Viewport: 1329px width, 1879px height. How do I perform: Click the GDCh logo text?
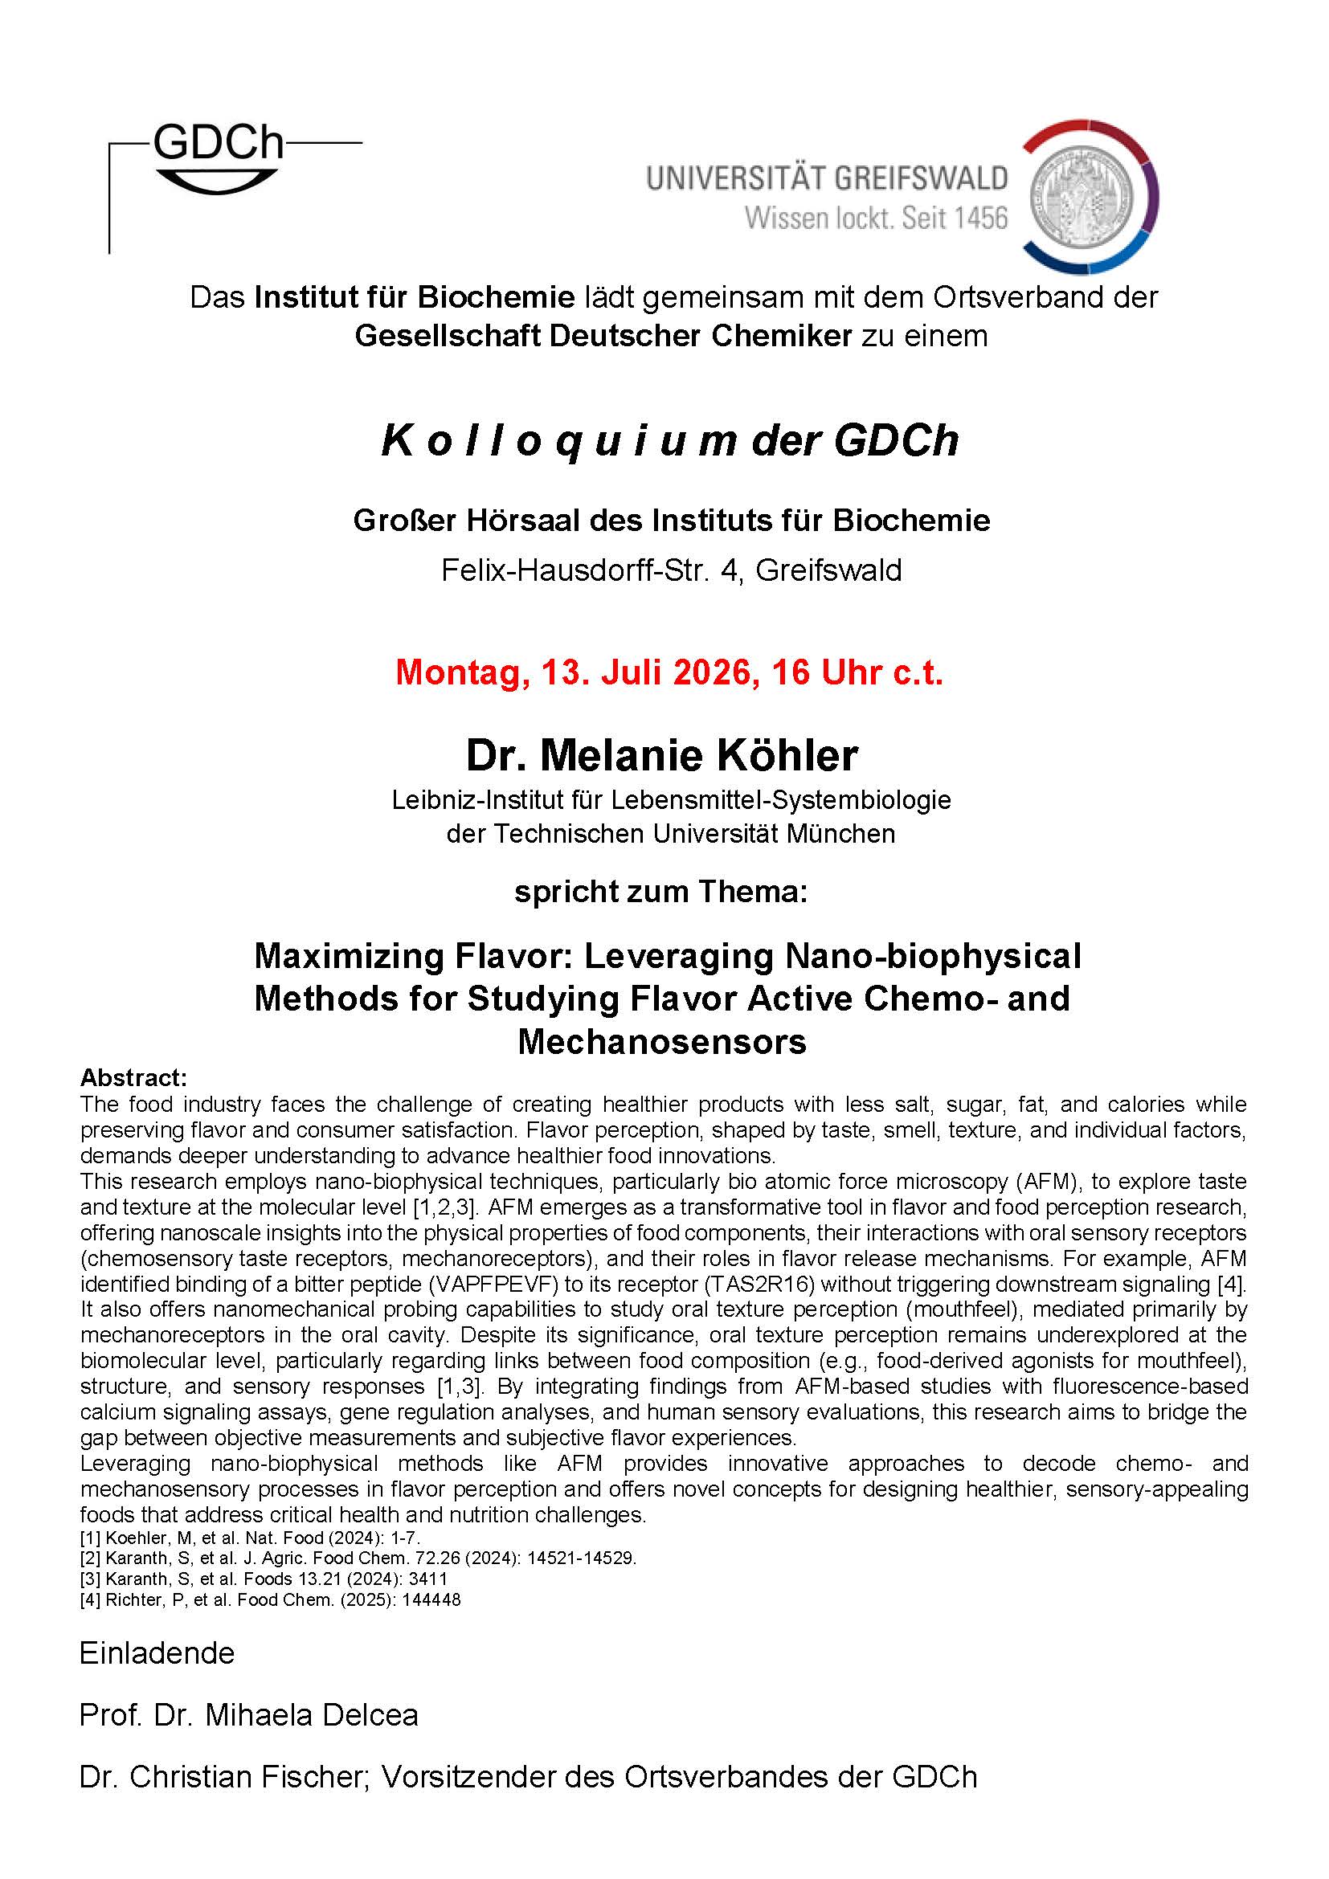click(218, 142)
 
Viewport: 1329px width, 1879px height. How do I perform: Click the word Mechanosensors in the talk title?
click(662, 1042)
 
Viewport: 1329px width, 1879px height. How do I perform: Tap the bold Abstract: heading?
click(133, 1078)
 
